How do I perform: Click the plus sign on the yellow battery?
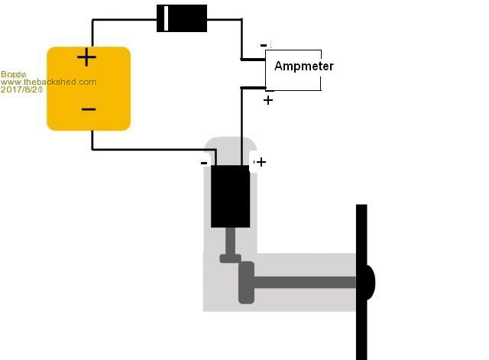(87, 58)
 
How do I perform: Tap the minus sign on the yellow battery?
(88, 109)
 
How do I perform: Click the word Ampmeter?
(303, 66)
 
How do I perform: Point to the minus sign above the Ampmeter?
(264, 45)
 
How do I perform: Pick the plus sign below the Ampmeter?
(268, 99)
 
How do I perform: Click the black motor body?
(230, 196)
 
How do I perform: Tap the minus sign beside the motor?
(204, 162)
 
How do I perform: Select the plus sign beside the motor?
(261, 162)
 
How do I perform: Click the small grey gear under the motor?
(230, 258)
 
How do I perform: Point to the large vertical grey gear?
(246, 282)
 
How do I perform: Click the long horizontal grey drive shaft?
(306, 283)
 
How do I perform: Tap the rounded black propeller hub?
(371, 282)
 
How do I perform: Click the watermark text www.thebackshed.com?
(49, 82)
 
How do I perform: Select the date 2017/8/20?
(22, 89)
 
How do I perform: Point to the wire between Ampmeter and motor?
(242, 122)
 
